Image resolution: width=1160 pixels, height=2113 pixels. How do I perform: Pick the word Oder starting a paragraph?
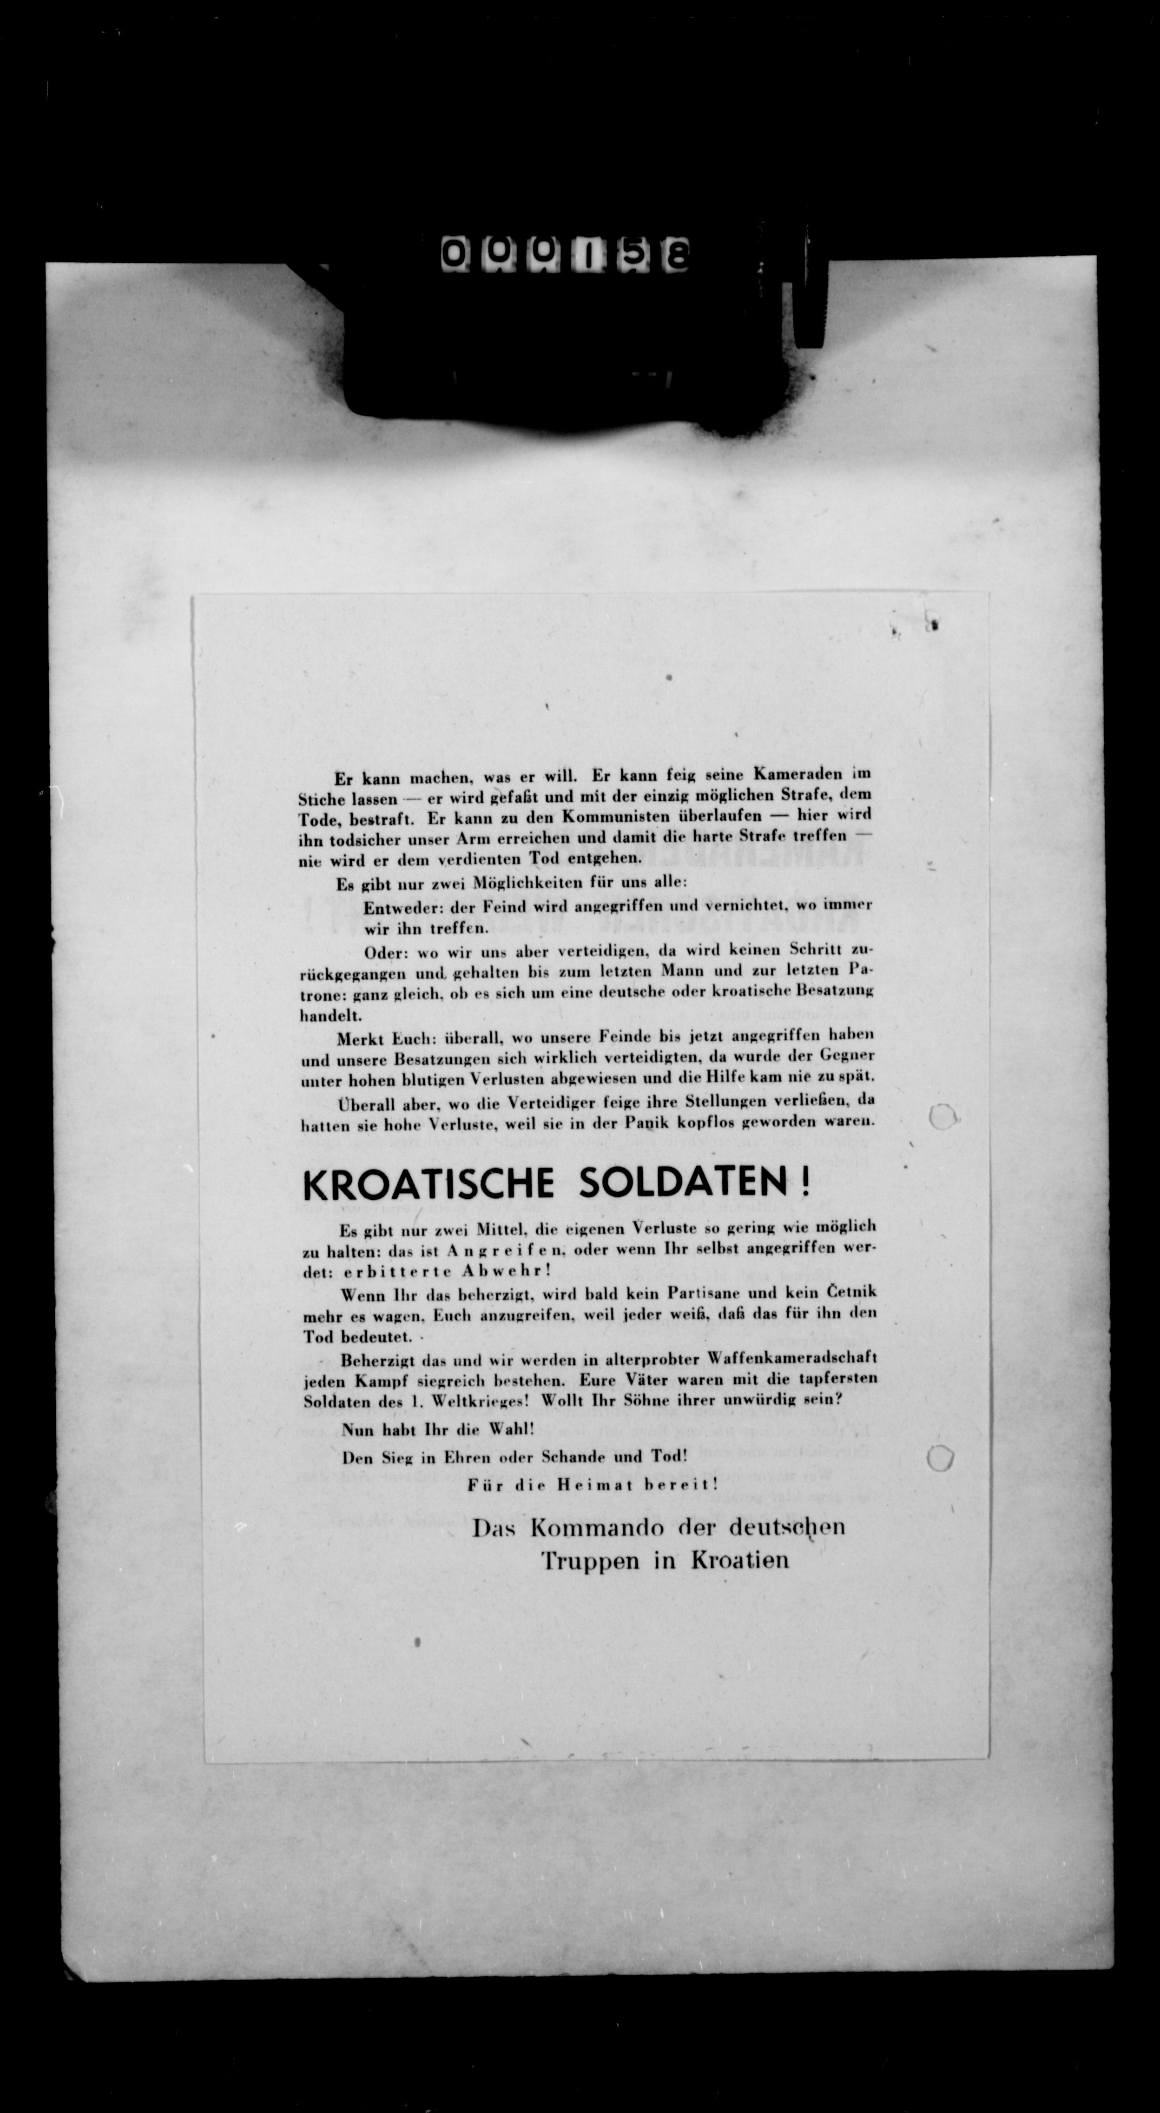[x=381, y=953]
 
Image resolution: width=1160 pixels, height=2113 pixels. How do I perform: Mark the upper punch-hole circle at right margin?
[x=943, y=1116]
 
